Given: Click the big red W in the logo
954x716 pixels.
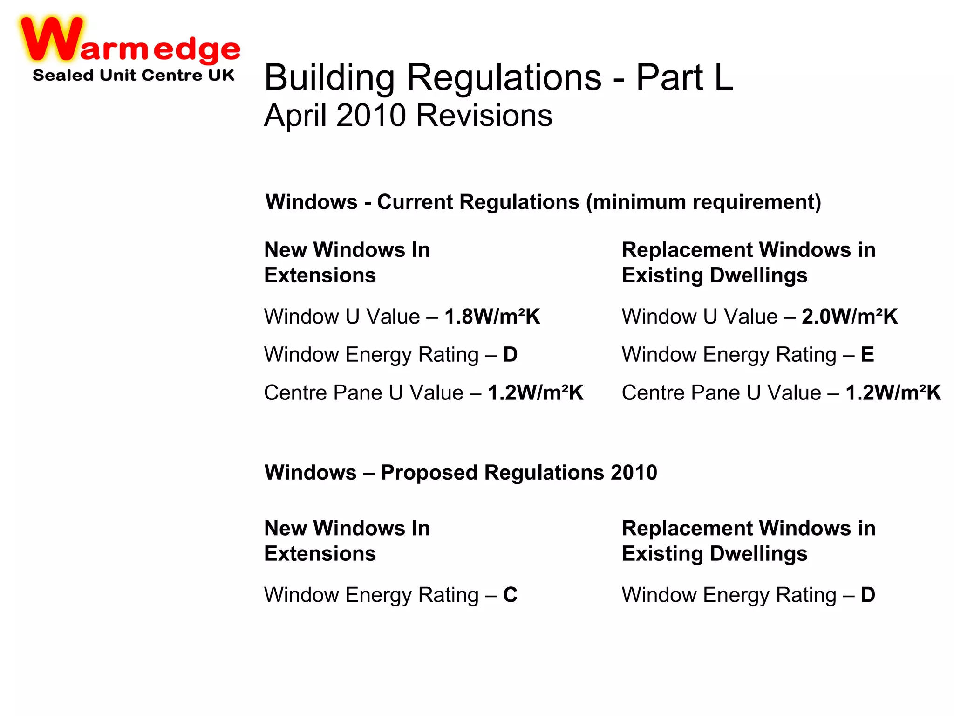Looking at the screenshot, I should (51, 40).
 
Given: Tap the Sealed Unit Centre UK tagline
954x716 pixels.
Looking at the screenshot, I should (133, 75).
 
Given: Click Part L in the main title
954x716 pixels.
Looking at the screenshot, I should (685, 77).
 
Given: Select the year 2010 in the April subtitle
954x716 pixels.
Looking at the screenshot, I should (371, 115).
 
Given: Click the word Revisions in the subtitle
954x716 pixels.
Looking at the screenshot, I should (484, 115).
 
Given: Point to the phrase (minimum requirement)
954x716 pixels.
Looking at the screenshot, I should (703, 202).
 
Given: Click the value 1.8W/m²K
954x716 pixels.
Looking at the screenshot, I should (492, 317).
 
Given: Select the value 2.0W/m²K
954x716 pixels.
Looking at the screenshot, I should (850, 317).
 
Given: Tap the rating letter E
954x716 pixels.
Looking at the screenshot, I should (867, 355).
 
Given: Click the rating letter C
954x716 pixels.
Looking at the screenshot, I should (510, 595).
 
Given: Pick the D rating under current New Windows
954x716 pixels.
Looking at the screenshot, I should (510, 355).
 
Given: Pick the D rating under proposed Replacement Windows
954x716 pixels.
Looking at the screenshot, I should (868, 595).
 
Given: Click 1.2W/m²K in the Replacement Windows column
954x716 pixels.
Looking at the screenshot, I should (893, 393).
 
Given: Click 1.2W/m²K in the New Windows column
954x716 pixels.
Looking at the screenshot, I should (535, 393).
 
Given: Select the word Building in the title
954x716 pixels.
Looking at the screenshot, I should (329, 77).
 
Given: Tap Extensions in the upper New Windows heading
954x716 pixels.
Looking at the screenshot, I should (320, 275).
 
